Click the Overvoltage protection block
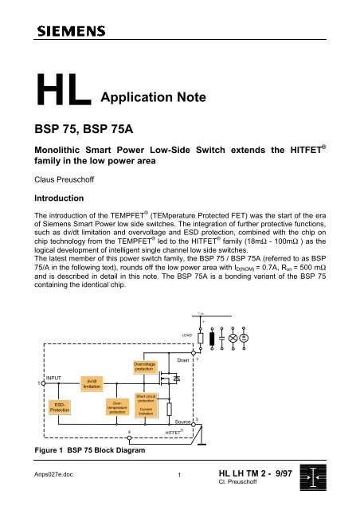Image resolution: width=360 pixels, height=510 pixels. pyautogui.click(x=143, y=367)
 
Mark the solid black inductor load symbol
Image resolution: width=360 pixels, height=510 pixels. pyautogui.click(x=212, y=336)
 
